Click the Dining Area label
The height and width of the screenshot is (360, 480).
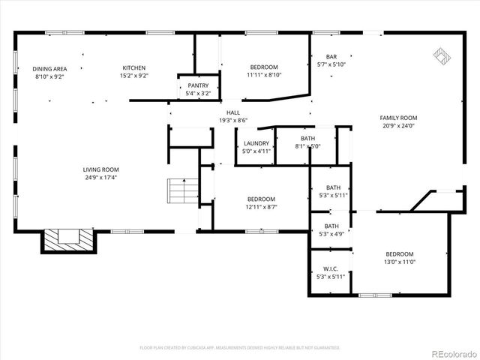point(49,68)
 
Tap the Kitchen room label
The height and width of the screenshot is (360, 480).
point(134,67)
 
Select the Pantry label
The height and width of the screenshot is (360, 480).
point(198,85)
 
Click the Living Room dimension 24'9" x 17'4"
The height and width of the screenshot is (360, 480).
point(100,178)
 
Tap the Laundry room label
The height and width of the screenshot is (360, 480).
point(256,142)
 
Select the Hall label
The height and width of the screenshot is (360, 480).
point(233,112)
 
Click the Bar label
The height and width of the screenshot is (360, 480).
point(331,57)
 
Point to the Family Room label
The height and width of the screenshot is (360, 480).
point(398,118)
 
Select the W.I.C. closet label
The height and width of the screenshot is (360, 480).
point(331,268)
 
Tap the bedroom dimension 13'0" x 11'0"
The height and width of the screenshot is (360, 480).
point(399,262)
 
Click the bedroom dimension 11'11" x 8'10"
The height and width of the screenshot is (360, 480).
point(264,75)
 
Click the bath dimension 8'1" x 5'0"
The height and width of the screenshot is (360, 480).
point(307,147)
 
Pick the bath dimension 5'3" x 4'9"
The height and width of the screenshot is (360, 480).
point(331,234)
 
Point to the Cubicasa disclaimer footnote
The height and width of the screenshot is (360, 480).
point(240,347)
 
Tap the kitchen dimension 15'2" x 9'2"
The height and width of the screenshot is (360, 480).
point(134,76)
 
